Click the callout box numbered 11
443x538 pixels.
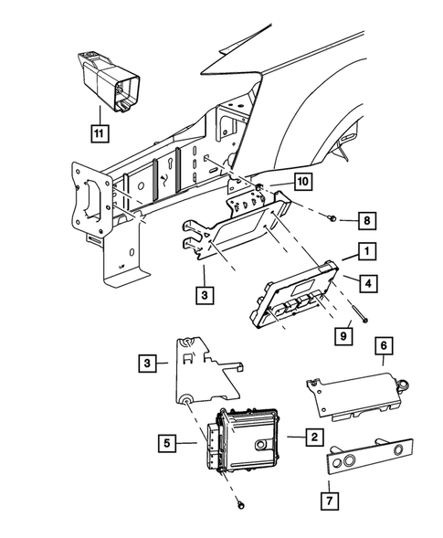coord(100,132)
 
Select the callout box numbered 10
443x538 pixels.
coord(302,181)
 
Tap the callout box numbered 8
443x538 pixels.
coord(367,220)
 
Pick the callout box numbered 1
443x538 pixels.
coord(367,251)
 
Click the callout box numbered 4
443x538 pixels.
coord(368,283)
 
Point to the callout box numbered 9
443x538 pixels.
coord(343,335)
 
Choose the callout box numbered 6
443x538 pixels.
coord(384,346)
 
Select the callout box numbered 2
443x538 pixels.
coord(314,437)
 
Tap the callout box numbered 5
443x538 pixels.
coord(167,443)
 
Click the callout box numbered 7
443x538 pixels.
coord(330,501)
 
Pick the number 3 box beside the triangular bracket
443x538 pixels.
coord(148,363)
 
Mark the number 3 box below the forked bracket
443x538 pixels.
coord(205,295)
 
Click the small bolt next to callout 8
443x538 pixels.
coord(332,217)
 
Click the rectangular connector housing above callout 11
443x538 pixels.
coord(109,81)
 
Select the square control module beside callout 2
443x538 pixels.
coord(243,439)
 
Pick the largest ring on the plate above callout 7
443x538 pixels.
coord(349,460)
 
